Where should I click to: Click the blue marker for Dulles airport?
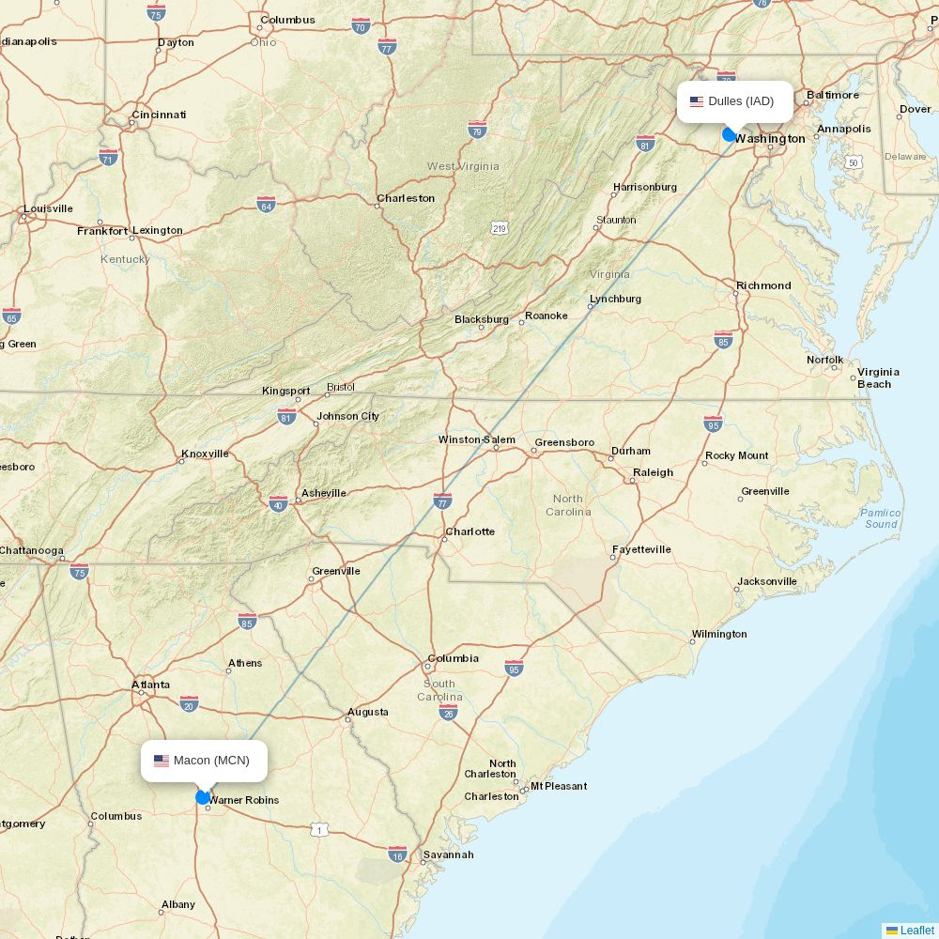pos(730,134)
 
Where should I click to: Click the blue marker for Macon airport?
pos(203,797)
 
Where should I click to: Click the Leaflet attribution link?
pos(916,931)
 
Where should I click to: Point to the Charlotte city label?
pos(469,531)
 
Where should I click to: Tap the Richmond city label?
pos(763,285)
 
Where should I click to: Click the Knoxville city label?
pos(205,454)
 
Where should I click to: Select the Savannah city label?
pos(448,854)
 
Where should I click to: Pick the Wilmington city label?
pos(719,634)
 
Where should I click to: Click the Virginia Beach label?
pos(878,377)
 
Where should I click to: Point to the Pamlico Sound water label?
pos(881,518)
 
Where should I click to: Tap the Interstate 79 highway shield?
pos(477,129)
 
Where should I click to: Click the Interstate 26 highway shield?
pos(448,714)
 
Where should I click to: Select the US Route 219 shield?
pos(499,228)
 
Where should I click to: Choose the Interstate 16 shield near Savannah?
pos(398,854)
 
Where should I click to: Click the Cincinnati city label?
pos(159,115)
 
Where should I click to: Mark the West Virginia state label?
pos(463,166)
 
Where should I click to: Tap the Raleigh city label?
pos(653,472)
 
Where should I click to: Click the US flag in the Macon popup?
pos(162,761)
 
